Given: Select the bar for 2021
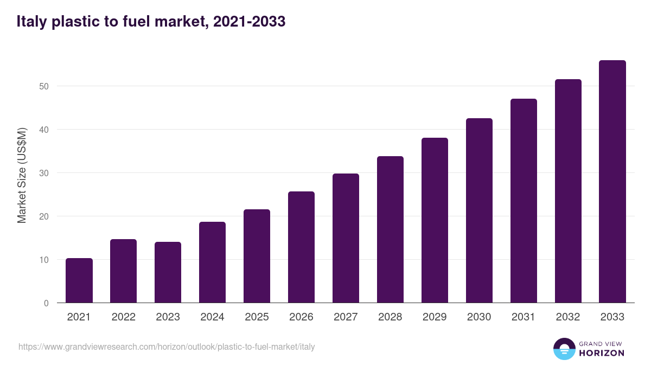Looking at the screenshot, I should coord(79,280).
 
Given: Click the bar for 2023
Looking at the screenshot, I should coord(168,272).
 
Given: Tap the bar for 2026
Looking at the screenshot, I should coord(301,247).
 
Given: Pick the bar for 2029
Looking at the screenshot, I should coord(435,220).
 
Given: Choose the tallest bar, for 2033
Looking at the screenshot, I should coord(612,182).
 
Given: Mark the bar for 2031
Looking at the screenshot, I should coord(524,201).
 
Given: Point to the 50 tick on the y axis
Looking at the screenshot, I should coord(44,86).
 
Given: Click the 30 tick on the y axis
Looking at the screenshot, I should coord(44,173).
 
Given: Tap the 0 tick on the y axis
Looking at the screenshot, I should coord(46,303).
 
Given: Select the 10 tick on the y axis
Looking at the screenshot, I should coord(44,260).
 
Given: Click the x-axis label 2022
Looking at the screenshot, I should coord(124,317).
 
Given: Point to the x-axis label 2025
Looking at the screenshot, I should coord(257,317).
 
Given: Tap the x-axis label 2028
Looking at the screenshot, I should coord(390,317).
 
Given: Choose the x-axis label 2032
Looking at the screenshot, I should coord(568,317).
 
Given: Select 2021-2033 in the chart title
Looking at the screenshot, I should coord(250,22).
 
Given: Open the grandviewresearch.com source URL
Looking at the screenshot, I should coord(167,346).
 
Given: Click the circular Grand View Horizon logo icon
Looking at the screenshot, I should coord(564,349).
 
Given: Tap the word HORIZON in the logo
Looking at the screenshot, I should coord(602,353).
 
